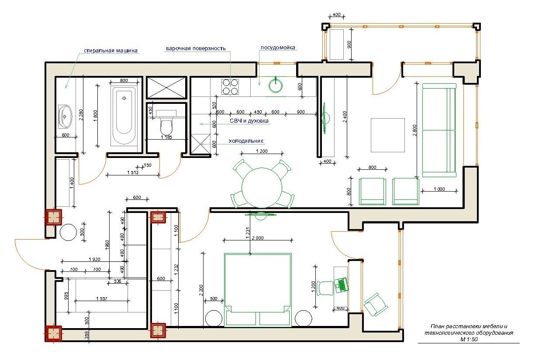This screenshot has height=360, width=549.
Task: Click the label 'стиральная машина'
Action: tap(110, 51)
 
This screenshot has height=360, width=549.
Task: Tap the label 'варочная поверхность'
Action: tap(196, 48)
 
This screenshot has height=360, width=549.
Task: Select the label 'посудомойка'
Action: tap(278, 48)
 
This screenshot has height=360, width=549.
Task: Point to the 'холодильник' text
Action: tap(246, 141)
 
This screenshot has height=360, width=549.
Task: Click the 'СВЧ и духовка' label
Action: tap(249, 121)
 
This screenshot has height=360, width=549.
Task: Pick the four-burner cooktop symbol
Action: tap(230, 87)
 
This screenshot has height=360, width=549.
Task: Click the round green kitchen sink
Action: tap(276, 86)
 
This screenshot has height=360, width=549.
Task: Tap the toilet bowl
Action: tap(167, 125)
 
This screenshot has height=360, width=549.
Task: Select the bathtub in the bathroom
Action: tap(124, 116)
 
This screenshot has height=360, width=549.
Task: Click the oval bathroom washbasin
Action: tap(65, 117)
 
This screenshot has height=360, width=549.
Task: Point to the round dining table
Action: tap(262, 188)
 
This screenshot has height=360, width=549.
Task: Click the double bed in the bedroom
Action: tap(258, 290)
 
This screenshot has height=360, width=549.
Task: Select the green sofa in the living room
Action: tap(439, 130)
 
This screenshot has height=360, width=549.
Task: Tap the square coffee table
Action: tap(387, 135)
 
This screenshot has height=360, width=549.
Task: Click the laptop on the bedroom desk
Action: tap(342, 285)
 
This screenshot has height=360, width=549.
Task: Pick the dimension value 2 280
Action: tap(81, 115)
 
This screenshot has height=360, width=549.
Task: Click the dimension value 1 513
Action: tap(133, 172)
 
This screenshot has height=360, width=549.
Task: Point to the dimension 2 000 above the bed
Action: tap(258, 238)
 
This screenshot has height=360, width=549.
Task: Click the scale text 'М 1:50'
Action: tap(469, 339)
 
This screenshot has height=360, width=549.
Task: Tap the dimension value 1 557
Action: tap(102, 298)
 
